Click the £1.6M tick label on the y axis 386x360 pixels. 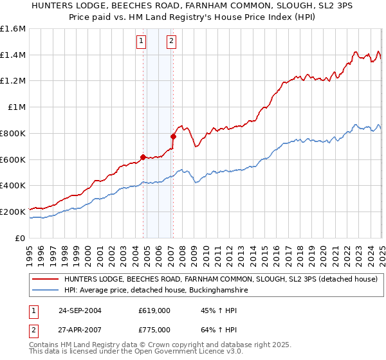pos(14,29)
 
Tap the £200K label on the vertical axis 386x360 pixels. pos(13,212)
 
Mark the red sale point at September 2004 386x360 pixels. pos(143,157)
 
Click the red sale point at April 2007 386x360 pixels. pos(173,136)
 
